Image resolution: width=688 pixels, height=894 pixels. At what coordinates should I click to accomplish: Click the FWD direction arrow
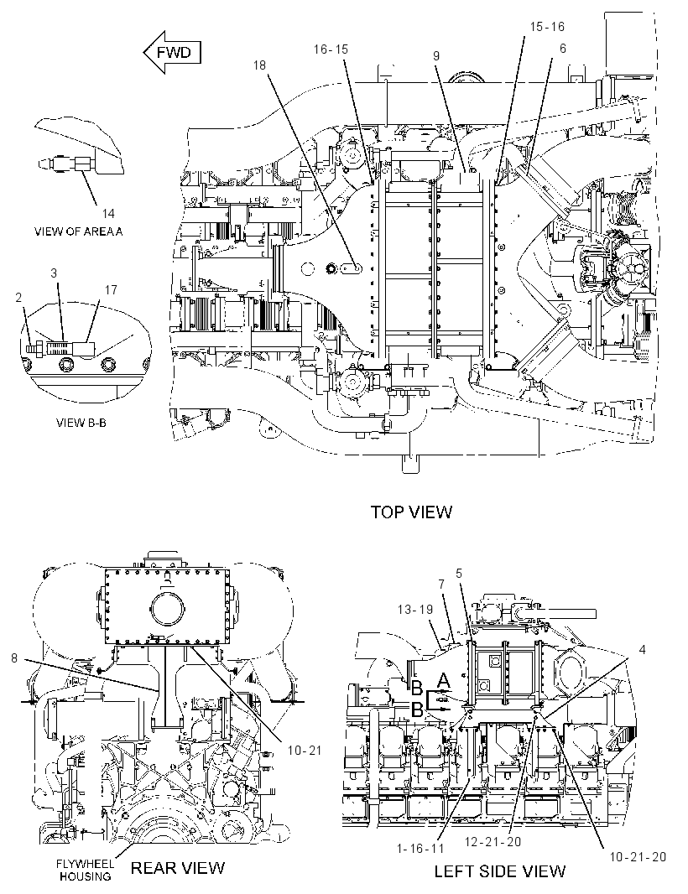(172, 53)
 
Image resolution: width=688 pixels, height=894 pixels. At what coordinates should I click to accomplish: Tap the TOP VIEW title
(411, 512)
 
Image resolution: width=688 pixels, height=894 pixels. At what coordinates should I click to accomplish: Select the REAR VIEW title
(177, 868)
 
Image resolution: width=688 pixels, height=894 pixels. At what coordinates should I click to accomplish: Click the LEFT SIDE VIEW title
(500, 871)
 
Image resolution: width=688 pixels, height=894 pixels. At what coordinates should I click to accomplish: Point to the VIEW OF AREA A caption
(78, 231)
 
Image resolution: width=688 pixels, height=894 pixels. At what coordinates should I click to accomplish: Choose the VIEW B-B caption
(81, 423)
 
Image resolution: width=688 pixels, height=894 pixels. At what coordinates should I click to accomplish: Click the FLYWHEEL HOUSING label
(85, 870)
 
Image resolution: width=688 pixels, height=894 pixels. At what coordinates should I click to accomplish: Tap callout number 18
(259, 65)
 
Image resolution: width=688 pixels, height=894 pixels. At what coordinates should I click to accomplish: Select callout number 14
(108, 213)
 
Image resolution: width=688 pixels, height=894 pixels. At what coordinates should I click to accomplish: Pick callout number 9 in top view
(435, 55)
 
